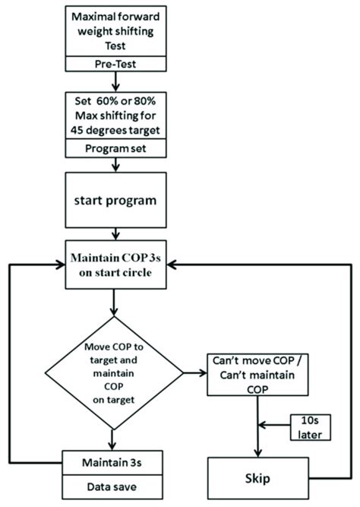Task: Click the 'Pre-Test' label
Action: (113, 65)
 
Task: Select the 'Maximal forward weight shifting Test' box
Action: (113, 31)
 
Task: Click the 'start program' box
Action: (113, 201)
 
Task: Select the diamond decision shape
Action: (113, 372)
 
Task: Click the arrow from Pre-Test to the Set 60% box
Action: (113, 82)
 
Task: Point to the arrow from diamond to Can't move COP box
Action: (194, 372)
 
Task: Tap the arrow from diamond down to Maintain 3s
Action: (113, 439)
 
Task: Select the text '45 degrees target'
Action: (113, 132)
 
